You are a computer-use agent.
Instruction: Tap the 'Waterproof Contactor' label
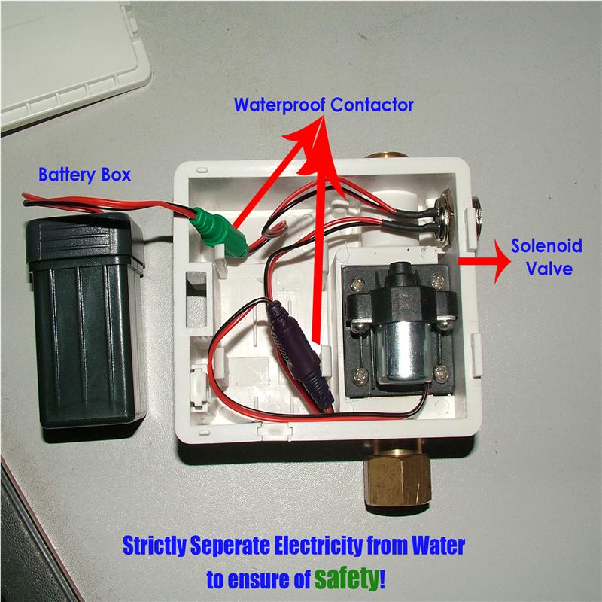(x=324, y=105)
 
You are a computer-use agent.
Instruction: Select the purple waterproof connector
(x=297, y=354)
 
